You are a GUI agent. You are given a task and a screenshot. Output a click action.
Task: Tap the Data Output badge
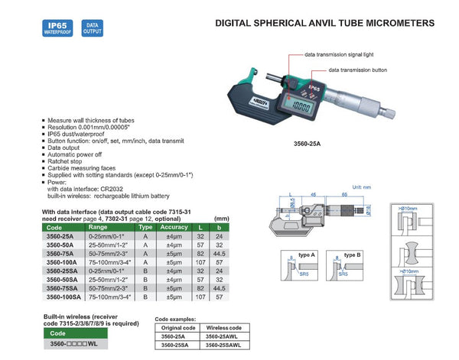(x=91, y=28)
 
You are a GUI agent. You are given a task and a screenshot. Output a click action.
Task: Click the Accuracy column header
(x=176, y=228)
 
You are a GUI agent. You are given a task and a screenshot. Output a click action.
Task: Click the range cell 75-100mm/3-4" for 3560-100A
(x=108, y=260)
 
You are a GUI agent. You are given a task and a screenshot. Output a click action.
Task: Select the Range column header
(x=99, y=228)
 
